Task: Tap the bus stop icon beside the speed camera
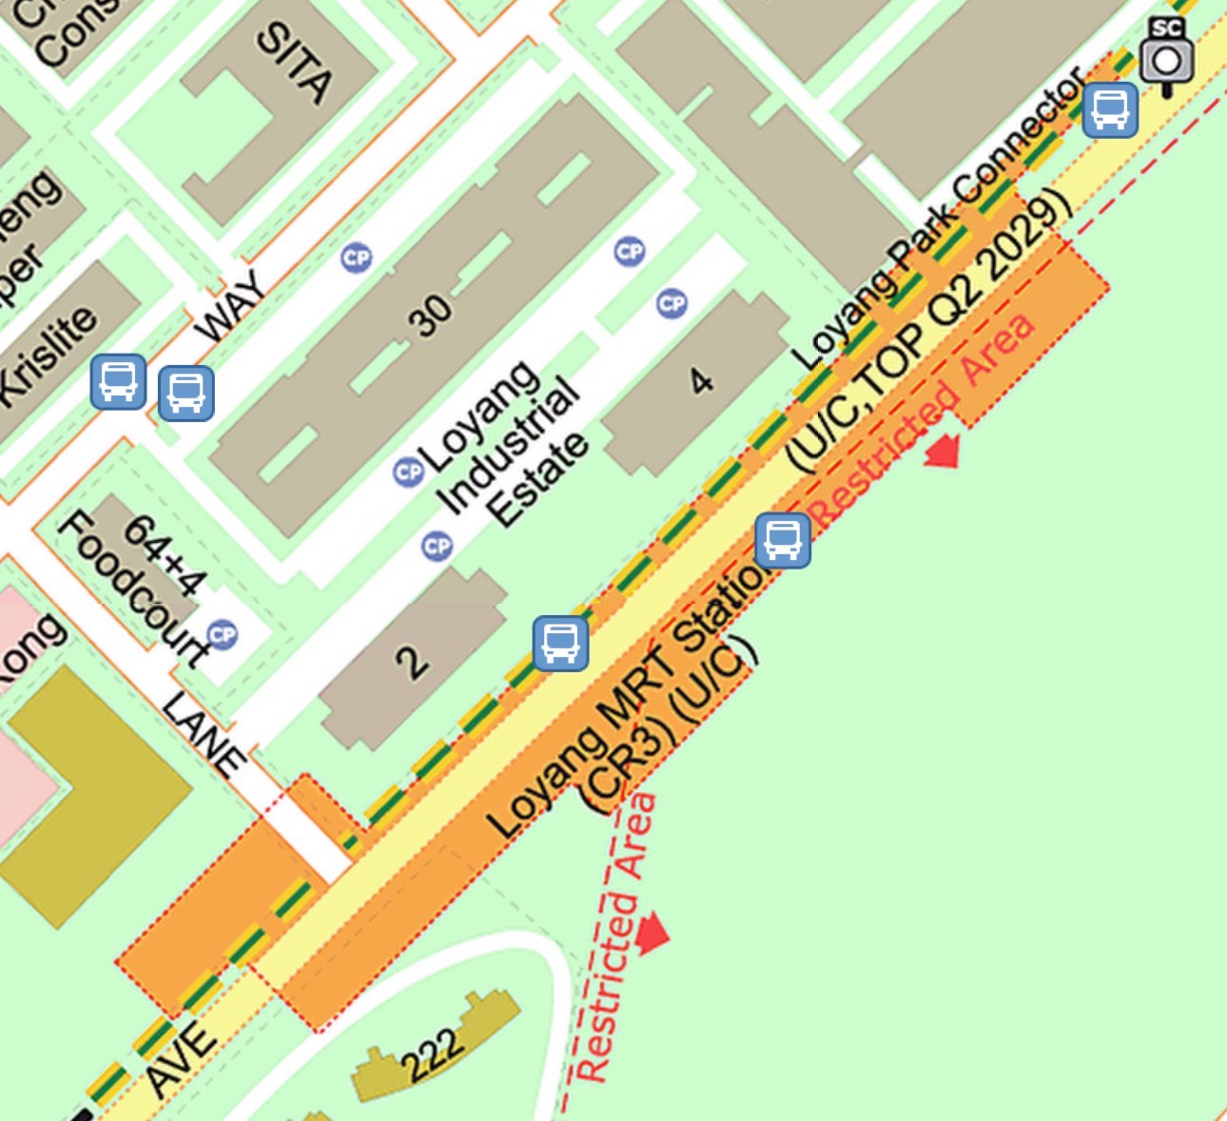1110,110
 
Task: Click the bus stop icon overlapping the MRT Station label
783,540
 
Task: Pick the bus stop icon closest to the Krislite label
118,382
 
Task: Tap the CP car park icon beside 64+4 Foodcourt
222,634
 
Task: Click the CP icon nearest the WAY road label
356,258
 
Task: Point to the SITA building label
296,62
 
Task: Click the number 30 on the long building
430,315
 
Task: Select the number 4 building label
701,381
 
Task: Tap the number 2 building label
411,661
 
